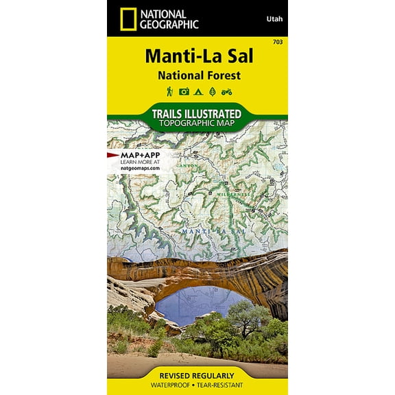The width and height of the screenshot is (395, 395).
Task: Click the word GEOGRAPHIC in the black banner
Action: pos(169,24)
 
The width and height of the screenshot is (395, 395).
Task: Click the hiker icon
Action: pos(169,91)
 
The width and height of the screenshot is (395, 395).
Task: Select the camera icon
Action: pos(183,91)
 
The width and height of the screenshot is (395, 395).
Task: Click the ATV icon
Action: pos(226,91)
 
